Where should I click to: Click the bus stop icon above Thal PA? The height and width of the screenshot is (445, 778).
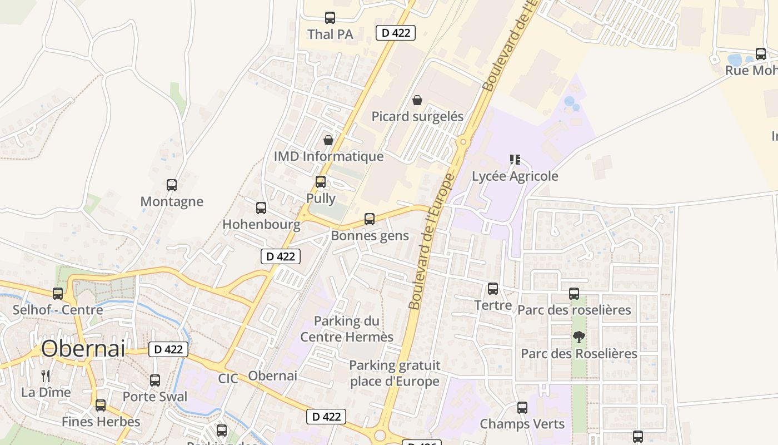(330, 18)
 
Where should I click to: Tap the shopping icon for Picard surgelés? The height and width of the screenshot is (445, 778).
(417, 100)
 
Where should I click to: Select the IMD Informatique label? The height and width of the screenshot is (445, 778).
(328, 156)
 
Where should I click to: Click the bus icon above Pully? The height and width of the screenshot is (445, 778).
(320, 182)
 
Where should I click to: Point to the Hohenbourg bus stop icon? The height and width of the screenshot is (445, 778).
(261, 208)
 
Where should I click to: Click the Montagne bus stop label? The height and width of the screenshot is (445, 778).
(172, 201)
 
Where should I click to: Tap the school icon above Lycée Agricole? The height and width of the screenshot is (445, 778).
(515, 160)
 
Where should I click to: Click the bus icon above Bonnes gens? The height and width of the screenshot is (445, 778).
(370, 219)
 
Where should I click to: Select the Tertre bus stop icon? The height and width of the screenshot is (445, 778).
(493, 289)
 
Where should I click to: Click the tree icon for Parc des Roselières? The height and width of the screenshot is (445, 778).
(578, 337)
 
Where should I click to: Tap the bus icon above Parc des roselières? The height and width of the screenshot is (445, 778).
(574, 293)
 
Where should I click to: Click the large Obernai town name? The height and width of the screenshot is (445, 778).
(83, 349)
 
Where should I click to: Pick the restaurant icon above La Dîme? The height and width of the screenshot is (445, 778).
(46, 375)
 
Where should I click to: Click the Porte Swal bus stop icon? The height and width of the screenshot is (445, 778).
(155, 380)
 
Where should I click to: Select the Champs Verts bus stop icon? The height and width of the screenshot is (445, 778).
(522, 408)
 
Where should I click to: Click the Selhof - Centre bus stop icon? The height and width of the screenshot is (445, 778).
(58, 294)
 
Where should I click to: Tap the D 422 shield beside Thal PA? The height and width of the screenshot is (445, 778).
(396, 32)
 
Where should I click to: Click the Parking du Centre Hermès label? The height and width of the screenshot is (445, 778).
(347, 329)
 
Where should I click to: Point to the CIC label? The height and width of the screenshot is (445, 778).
(228, 379)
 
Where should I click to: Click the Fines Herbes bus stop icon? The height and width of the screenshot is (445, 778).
(101, 406)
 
